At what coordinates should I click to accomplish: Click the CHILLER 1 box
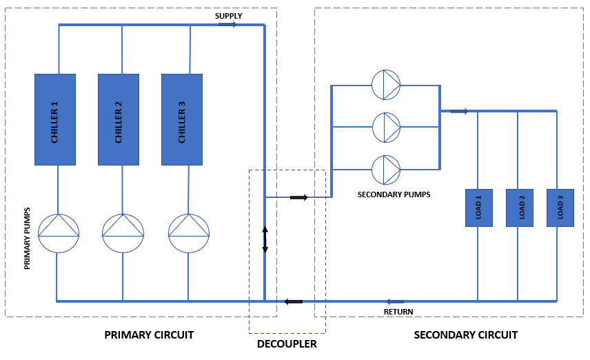tap(55, 120)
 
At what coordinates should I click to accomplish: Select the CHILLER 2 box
tap(119, 120)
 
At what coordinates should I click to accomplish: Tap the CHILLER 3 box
tap(182, 120)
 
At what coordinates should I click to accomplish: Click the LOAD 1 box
tap(479, 208)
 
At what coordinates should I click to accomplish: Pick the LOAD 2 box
tap(520, 208)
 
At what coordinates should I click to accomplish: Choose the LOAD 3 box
tap(560, 208)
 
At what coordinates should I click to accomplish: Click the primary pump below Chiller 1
tap(59, 233)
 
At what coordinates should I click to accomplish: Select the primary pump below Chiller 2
tap(123, 233)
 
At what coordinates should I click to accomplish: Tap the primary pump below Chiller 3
tap(189, 233)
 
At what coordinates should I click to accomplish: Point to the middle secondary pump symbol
tap(386, 127)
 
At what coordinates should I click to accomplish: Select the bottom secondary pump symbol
tap(386, 169)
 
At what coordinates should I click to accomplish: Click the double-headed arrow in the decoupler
tap(265, 239)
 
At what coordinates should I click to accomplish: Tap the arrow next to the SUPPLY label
tap(227, 25)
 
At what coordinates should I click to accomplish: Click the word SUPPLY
tap(229, 16)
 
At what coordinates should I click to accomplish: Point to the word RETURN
tap(398, 312)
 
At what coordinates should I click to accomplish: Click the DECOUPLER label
tap(287, 343)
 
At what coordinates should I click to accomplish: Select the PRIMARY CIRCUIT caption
tap(149, 335)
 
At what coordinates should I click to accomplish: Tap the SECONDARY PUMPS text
tap(394, 194)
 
